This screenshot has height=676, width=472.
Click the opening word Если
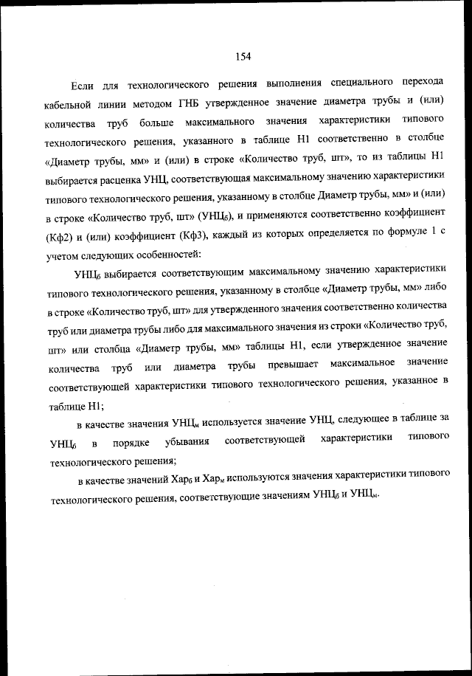coord(83,83)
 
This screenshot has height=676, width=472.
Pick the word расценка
coord(136,180)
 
